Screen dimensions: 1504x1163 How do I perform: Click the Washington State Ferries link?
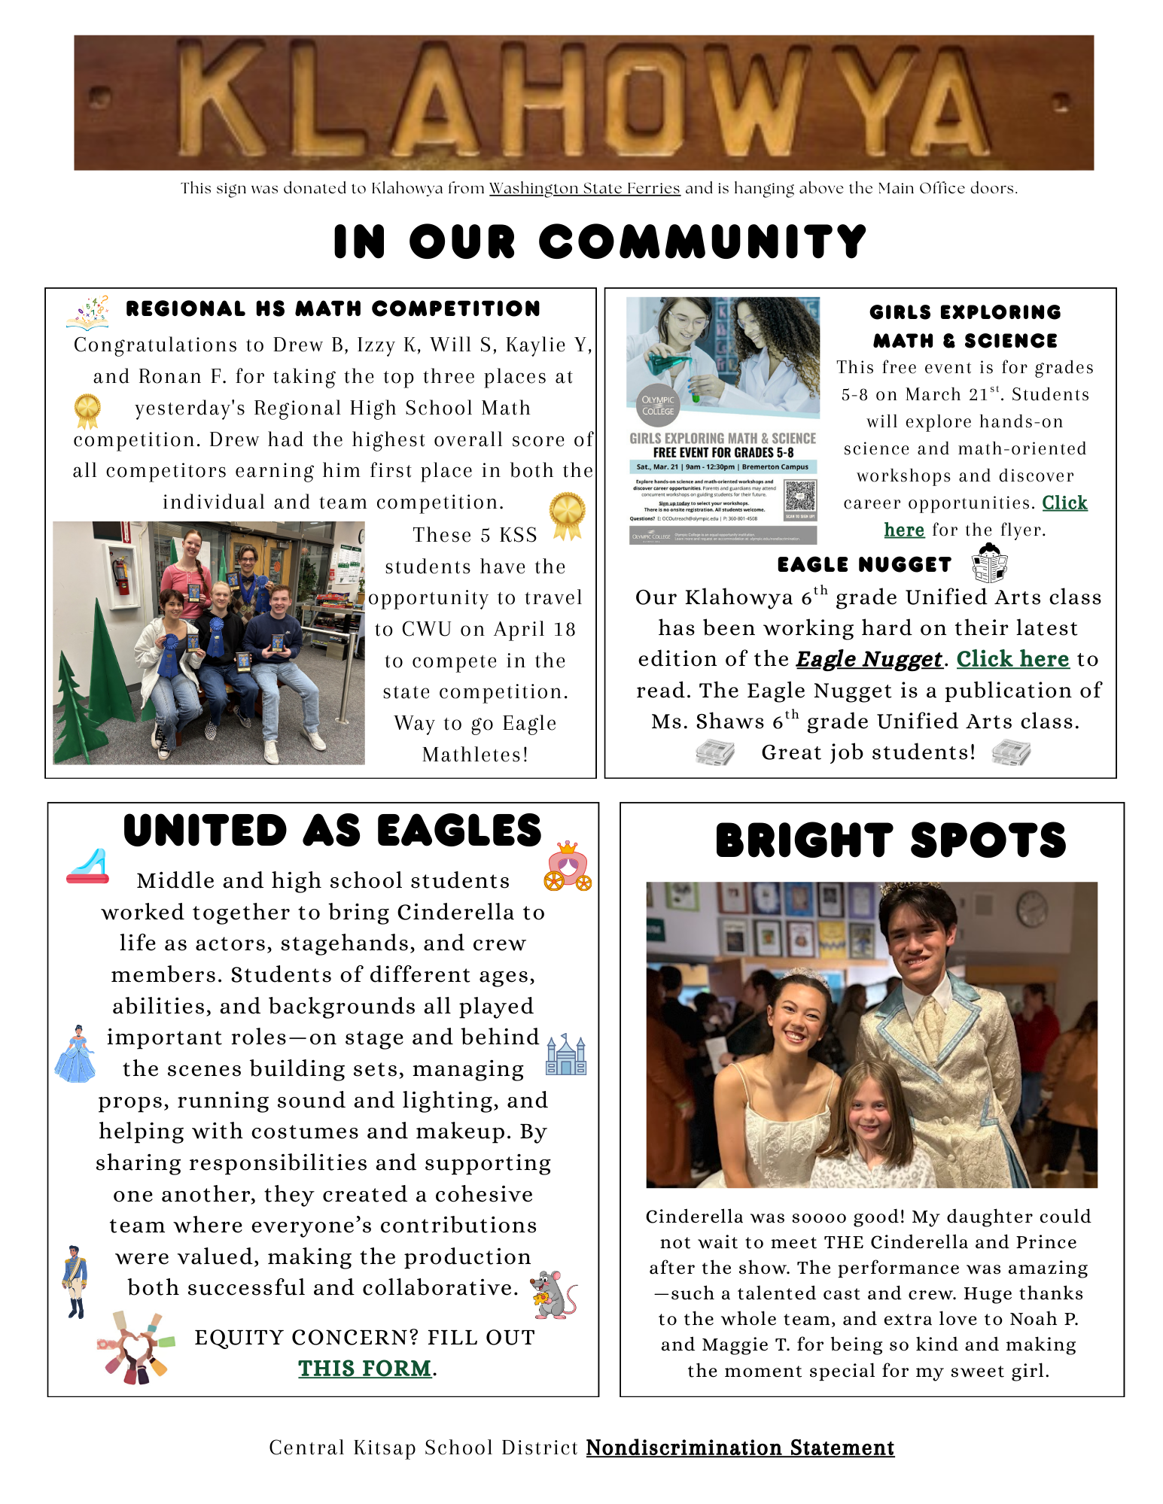[584, 188]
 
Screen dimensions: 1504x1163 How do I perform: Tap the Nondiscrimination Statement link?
[740, 1448]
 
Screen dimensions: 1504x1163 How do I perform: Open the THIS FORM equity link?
[365, 1368]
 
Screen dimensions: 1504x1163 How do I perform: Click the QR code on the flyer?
[799, 497]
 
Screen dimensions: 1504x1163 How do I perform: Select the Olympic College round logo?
[658, 406]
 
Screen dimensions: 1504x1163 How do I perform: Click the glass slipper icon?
[89, 866]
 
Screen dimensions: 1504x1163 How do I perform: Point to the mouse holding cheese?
[553, 1295]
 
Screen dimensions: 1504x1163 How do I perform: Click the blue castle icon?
[566, 1054]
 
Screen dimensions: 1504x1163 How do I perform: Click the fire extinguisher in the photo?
[120, 576]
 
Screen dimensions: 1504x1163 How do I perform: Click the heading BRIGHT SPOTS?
[891, 840]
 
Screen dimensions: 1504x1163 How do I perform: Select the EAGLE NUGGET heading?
[864, 565]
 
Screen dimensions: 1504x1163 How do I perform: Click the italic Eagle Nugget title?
[869, 659]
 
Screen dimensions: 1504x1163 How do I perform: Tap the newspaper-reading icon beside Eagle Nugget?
[989, 564]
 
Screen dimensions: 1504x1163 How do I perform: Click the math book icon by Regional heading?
[88, 313]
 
